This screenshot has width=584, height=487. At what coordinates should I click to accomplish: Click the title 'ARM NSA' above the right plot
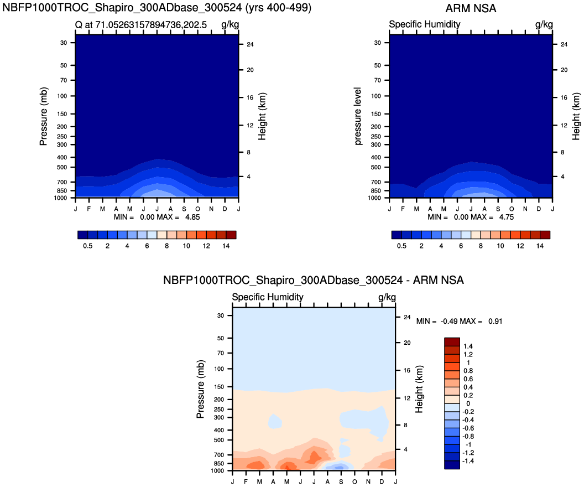coord(471,8)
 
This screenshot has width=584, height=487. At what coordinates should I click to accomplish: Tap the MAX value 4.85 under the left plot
coord(191,217)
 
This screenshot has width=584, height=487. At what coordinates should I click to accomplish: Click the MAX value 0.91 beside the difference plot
coord(495,321)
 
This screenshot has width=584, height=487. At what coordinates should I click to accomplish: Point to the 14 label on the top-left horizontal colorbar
coord(226,246)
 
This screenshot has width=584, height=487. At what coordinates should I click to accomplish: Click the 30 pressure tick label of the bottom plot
coord(220,315)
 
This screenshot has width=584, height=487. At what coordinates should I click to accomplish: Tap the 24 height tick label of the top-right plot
coord(564,44)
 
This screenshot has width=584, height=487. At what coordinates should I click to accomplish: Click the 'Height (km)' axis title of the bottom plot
coord(420,389)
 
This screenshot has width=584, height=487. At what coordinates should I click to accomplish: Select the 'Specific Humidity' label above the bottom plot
coord(268,297)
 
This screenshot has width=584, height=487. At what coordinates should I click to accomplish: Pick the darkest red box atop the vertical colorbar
coord(452,341)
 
